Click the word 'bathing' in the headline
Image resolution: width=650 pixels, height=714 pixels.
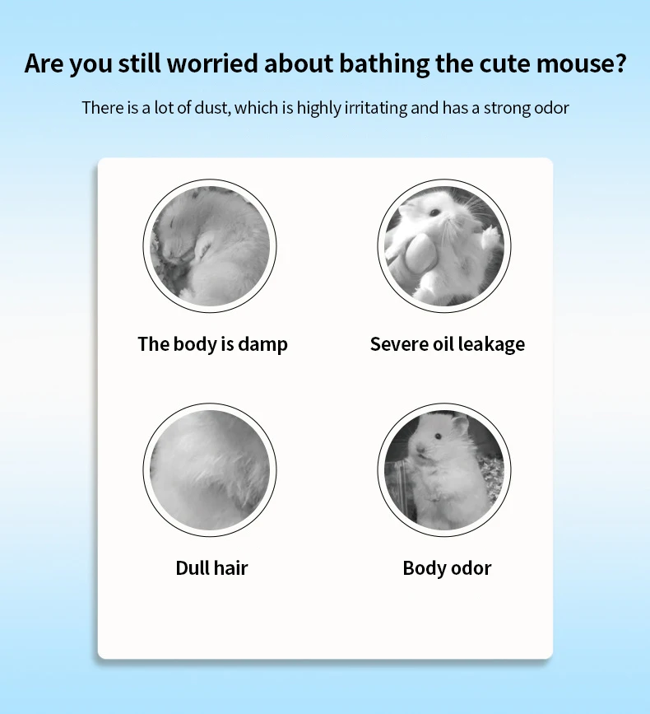coord(384,63)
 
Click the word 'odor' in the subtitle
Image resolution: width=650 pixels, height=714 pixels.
coord(551,109)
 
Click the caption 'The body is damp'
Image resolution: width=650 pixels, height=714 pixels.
coord(212,344)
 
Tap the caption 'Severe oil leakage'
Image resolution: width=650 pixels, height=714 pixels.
coord(447,344)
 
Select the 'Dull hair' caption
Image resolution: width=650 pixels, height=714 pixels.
coord(211,568)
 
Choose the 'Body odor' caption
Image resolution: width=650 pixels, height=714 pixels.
coord(447,568)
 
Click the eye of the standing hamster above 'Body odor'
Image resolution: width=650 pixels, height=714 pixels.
coord(438,436)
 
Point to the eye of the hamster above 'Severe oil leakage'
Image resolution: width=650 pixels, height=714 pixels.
coord(435,212)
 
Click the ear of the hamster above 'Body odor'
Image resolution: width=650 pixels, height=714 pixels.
coord(461,425)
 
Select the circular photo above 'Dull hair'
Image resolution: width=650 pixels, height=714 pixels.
coord(210,470)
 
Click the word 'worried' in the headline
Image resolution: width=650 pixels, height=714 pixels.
coord(212,63)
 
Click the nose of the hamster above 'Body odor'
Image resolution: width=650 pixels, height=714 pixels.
coord(420,450)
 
